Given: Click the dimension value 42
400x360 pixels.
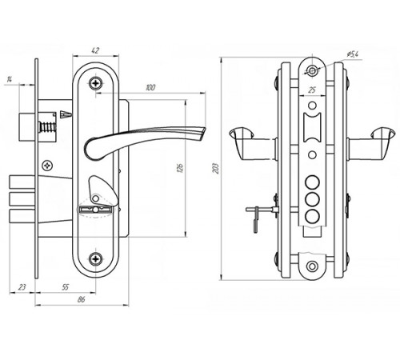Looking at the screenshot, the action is coord(95,50).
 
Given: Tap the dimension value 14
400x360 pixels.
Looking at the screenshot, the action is coord(10,79).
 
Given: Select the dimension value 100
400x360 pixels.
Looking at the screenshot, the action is coord(150,87).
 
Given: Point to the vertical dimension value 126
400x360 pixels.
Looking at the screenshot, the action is coord(180,168).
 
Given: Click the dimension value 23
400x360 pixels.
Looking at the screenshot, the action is coord(22,287).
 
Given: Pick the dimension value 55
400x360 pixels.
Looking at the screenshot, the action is coord(65,287).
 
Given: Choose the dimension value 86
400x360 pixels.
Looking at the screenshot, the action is coord(81,299).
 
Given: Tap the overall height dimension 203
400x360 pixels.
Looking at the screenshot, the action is coord(216,169).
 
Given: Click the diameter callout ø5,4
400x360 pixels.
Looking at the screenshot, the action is coord(353,54).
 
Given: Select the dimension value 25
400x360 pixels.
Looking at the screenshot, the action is coord(312,90).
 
